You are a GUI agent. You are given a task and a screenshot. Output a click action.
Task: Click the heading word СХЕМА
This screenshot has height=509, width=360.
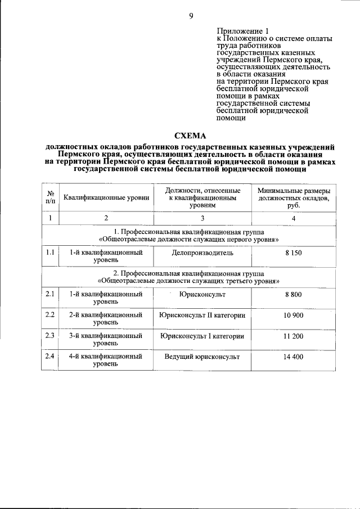click(x=191, y=136)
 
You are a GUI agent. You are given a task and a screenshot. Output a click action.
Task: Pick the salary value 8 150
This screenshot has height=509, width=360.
click(x=294, y=253)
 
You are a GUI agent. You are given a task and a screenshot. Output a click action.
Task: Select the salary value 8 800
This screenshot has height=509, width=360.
click(x=294, y=294)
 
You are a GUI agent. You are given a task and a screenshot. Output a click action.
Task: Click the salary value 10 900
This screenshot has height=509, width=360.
click(x=294, y=316)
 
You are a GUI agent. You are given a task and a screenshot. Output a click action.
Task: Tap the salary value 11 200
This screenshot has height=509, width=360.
click(x=294, y=336)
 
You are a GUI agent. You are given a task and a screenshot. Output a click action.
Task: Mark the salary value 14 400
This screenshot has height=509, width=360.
click(x=294, y=357)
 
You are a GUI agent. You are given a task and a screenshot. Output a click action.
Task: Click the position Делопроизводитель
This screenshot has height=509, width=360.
click(x=202, y=253)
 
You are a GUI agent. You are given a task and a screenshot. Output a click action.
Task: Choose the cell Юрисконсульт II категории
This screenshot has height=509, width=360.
click(x=202, y=316)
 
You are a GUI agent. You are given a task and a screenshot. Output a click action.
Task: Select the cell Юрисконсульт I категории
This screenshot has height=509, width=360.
click(x=202, y=336)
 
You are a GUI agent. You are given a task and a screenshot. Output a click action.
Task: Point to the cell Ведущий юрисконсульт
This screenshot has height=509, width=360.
click(x=202, y=357)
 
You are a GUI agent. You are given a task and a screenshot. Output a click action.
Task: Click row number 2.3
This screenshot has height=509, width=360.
click(x=50, y=336)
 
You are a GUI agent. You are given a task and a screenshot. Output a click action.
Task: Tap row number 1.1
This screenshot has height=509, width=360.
click(x=50, y=253)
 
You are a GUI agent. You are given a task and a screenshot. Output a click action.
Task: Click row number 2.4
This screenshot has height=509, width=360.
click(x=50, y=357)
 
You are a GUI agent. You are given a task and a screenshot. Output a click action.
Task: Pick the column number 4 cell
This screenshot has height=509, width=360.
click(x=294, y=218)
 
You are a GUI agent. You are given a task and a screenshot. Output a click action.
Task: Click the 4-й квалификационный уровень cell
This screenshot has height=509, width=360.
click(x=106, y=361)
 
